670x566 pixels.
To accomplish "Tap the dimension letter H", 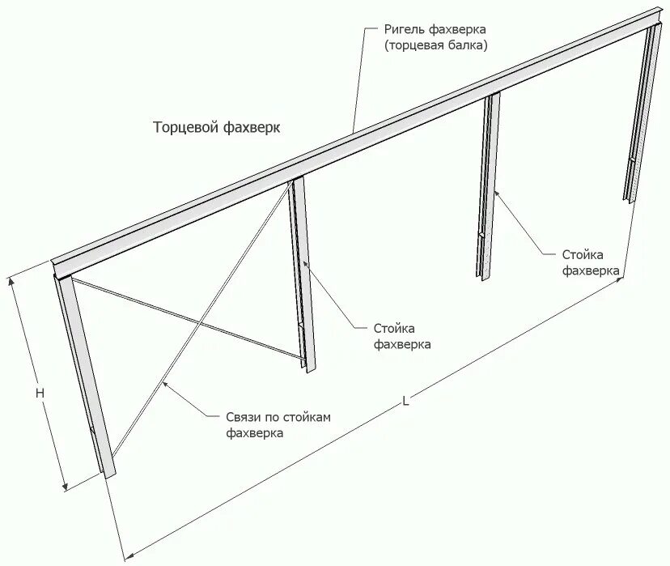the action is pos(40,392).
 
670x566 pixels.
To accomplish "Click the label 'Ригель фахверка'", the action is pos(435,29).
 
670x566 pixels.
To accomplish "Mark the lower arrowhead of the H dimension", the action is pos(65,488).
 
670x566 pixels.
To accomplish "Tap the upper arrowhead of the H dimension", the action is pos(11,279).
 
